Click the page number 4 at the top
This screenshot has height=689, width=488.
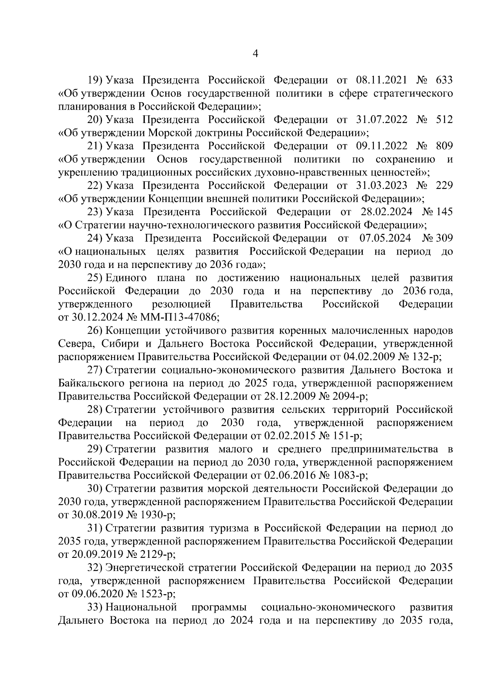(x=255, y=54)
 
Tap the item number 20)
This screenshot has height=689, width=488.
(x=96, y=120)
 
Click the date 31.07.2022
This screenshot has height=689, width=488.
(x=381, y=120)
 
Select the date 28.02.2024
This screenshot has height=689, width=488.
(x=386, y=212)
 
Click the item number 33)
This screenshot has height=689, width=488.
(x=96, y=607)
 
